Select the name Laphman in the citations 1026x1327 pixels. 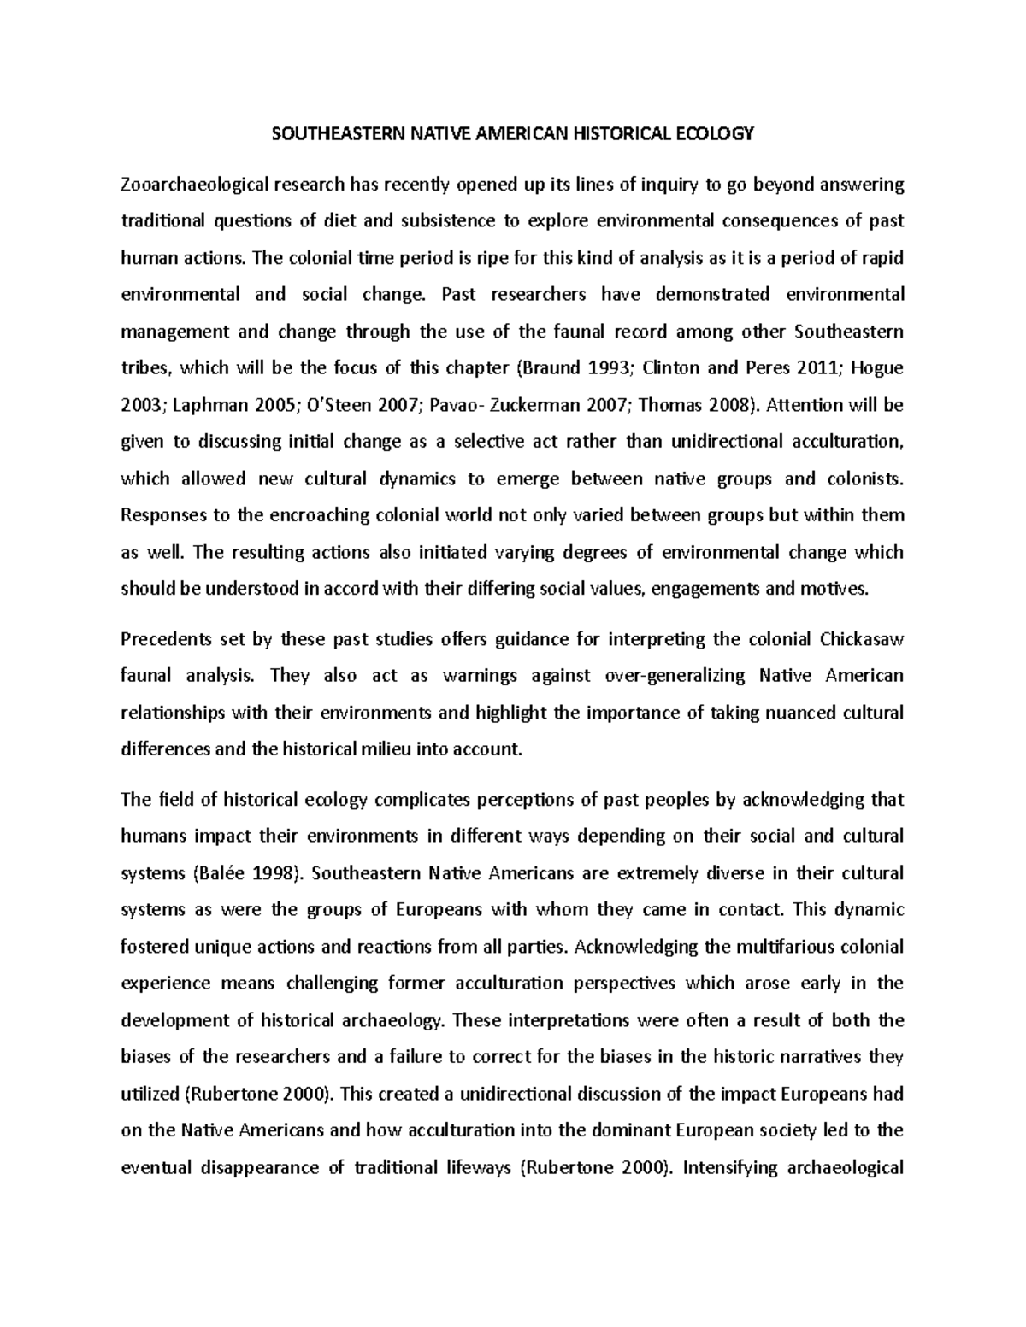pyautogui.click(x=203, y=405)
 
